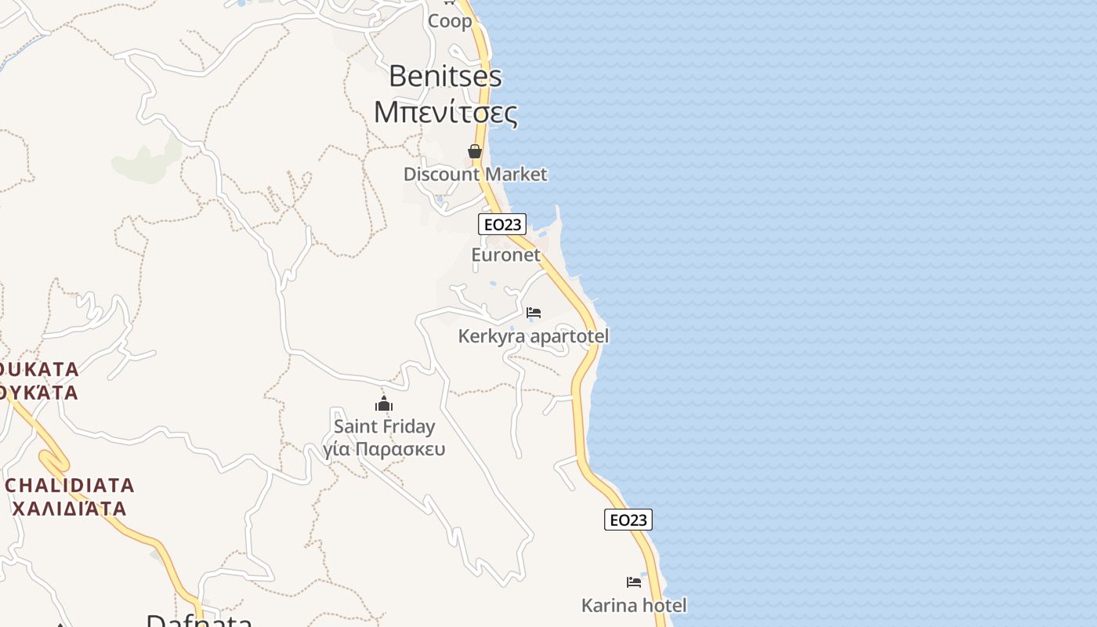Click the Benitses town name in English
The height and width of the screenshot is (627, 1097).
pyautogui.click(x=445, y=76)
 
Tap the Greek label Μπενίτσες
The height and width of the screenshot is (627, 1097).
pyautogui.click(x=445, y=113)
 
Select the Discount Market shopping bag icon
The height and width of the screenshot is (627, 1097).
pyautogui.click(x=475, y=151)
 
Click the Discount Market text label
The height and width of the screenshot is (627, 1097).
pyautogui.click(x=475, y=174)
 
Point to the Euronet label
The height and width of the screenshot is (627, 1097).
pyautogui.click(x=505, y=255)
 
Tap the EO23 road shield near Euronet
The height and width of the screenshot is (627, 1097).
pyautogui.click(x=502, y=224)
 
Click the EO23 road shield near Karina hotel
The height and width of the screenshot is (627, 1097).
pyautogui.click(x=628, y=520)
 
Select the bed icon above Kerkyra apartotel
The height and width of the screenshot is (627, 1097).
pyautogui.click(x=534, y=313)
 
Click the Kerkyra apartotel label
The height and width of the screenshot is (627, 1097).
pyautogui.click(x=533, y=336)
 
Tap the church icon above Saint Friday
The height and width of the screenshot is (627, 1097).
pyautogui.click(x=384, y=404)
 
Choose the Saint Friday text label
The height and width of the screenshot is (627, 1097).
pyautogui.click(x=384, y=426)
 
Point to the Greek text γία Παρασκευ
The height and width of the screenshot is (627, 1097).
pyautogui.click(x=384, y=449)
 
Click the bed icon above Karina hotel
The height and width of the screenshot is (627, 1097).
pyautogui.click(x=634, y=582)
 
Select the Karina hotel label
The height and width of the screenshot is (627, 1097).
pyautogui.click(x=634, y=605)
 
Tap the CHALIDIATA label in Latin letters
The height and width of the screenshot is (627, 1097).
pyautogui.click(x=70, y=485)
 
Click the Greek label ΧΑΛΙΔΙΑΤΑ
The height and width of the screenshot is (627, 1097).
pyautogui.click(x=70, y=509)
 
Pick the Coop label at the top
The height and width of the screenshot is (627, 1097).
pyautogui.click(x=450, y=21)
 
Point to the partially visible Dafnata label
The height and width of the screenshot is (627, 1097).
pyautogui.click(x=199, y=621)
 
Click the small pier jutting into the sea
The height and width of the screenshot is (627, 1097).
pyautogui.click(x=558, y=215)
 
